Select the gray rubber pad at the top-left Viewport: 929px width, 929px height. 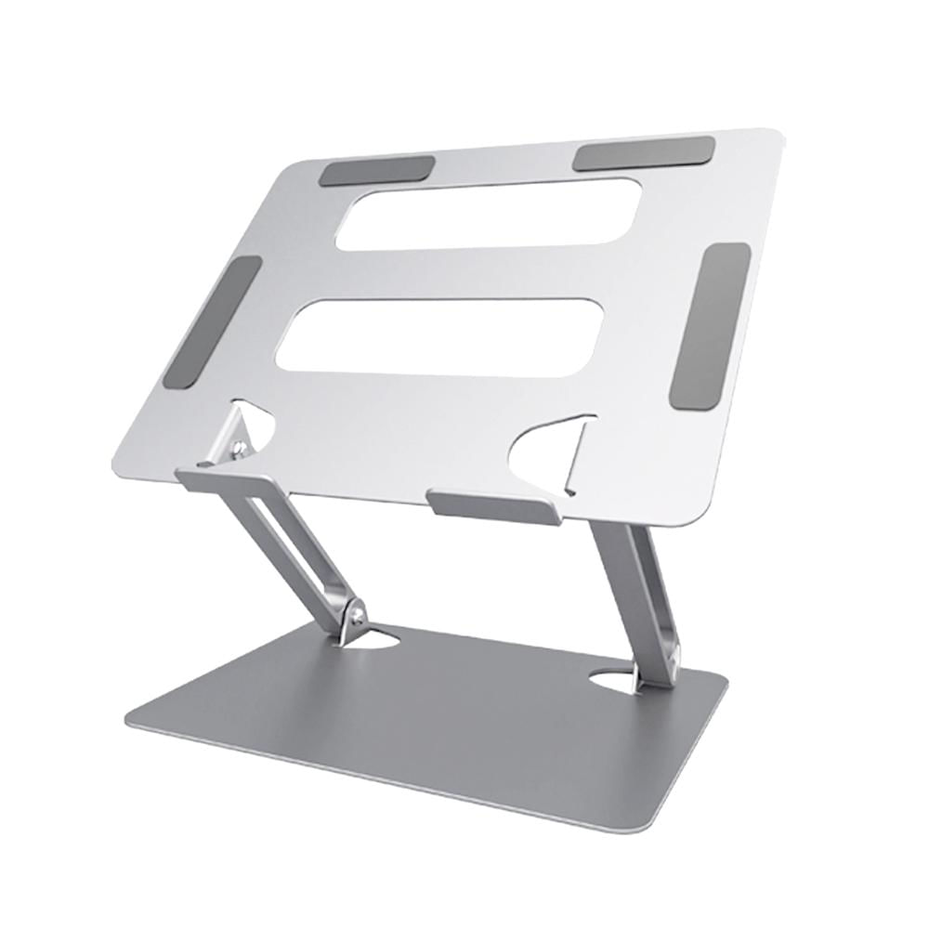click(364, 172)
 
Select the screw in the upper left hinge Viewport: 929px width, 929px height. click(241, 450)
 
